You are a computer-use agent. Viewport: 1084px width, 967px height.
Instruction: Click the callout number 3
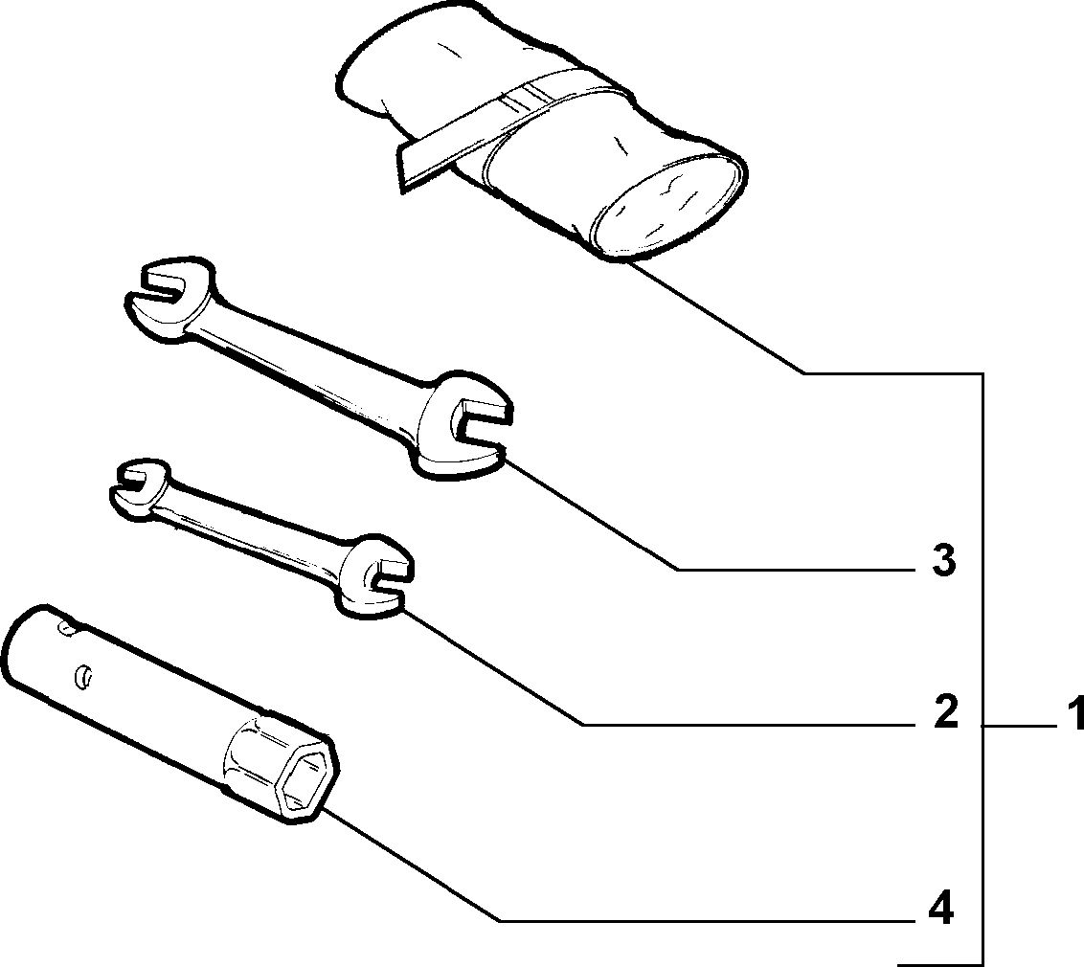tap(943, 560)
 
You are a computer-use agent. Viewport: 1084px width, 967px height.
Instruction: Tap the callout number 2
tap(945, 711)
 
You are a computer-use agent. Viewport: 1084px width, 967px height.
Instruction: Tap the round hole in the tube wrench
tap(83, 677)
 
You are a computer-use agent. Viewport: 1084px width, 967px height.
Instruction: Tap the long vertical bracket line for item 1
tap(982, 668)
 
